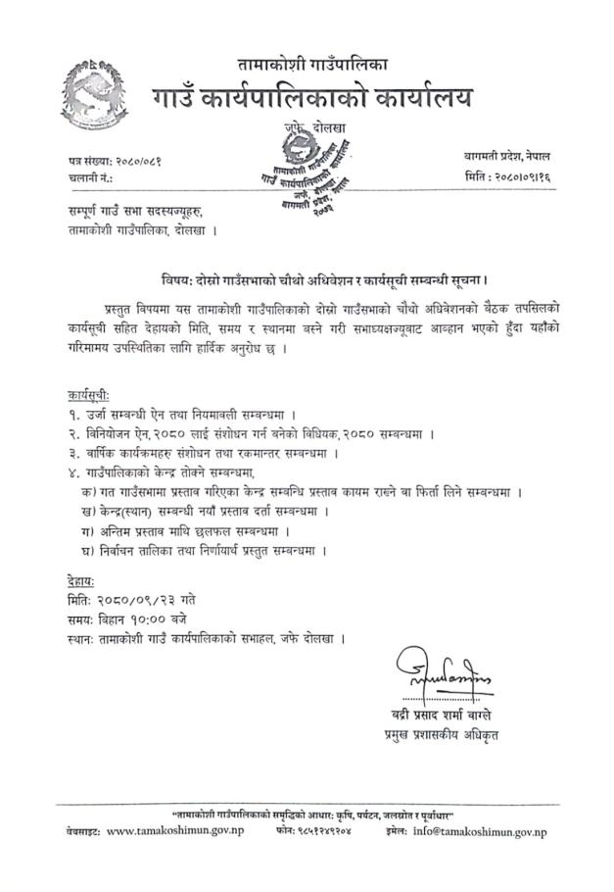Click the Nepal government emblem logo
(x=92, y=92)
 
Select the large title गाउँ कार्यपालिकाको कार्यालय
(x=312, y=99)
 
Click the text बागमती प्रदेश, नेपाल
(x=507, y=155)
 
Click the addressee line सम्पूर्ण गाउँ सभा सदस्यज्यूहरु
(x=137, y=212)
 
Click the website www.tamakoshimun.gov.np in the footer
(x=175, y=832)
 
